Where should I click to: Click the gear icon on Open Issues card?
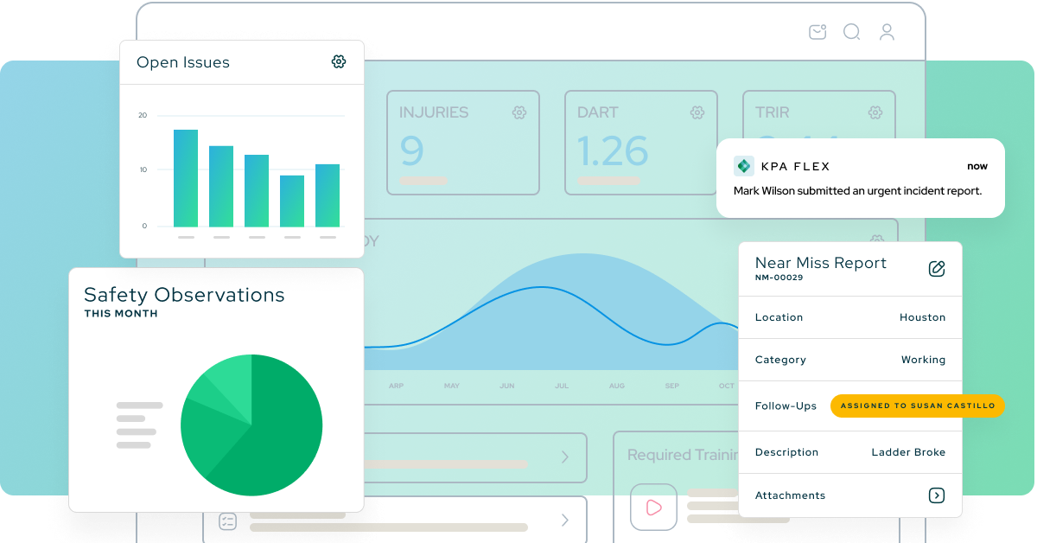coord(339,61)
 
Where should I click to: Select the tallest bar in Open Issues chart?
coord(186,178)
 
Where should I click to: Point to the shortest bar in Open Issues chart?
coord(292,201)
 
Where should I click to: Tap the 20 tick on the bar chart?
coord(143,115)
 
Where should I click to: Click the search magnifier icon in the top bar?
coord(851,32)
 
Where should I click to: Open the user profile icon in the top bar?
coord(887,32)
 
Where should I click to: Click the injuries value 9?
coord(412,151)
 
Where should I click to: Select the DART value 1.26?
coord(613,151)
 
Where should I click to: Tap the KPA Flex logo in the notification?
coord(743,166)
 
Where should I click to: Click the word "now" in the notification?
coord(977,166)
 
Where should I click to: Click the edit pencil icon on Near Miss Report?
coord(937,268)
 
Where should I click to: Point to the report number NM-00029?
coord(779,278)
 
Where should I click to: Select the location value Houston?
coord(922,317)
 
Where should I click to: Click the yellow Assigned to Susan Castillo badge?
coord(917,406)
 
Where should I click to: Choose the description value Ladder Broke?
coord(908,452)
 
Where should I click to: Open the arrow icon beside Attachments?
coord(936,495)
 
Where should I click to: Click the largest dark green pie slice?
coord(277,432)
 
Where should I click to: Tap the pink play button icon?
coord(653,508)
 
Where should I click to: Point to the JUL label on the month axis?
coord(562,386)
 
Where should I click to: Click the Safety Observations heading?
coord(184,295)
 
